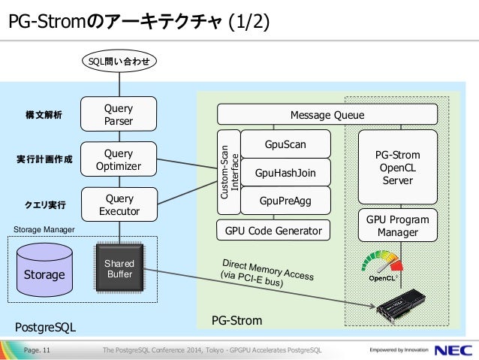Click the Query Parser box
click(119, 114)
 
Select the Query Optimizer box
click(119, 159)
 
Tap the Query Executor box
click(119, 204)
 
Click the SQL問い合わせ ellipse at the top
click(119, 61)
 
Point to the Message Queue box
click(327, 114)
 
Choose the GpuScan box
click(285, 144)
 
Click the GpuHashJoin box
click(285, 173)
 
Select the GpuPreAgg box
click(285, 201)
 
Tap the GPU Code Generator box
click(273, 230)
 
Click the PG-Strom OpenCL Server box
click(398, 167)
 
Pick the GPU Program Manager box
click(398, 225)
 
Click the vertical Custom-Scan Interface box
click(229, 172)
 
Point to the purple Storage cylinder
click(44, 270)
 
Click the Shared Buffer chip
click(119, 268)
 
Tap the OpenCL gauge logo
click(382, 265)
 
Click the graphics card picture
click(401, 306)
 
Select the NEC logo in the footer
click(453, 350)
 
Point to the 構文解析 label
click(44, 115)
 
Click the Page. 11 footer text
click(37, 350)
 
